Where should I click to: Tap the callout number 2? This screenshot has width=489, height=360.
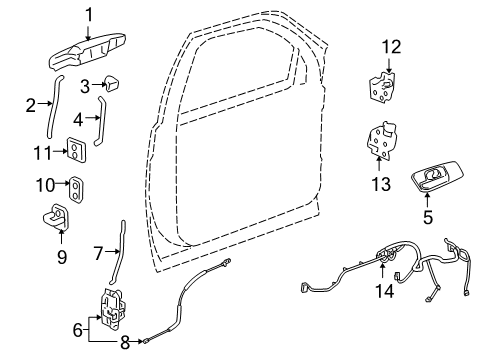32,103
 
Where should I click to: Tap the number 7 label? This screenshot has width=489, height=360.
97,254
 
